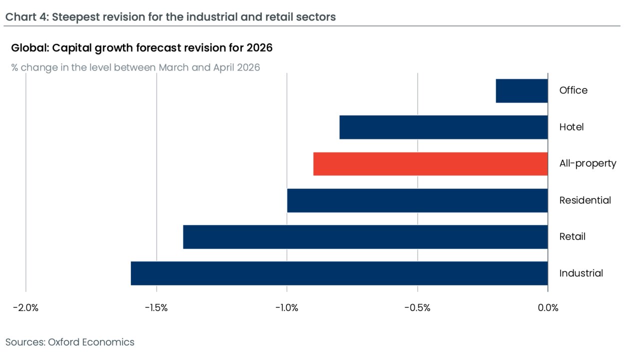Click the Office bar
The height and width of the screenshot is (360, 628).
(522, 90)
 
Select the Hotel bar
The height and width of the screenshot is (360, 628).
(444, 127)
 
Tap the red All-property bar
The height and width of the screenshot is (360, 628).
(431, 163)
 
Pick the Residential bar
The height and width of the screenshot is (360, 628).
(418, 200)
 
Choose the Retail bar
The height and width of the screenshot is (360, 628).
(365, 236)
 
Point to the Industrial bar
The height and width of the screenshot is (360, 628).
(339, 273)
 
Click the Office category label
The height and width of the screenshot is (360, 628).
(573, 90)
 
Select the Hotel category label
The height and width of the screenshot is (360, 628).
(571, 127)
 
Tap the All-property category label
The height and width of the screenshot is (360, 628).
(588, 163)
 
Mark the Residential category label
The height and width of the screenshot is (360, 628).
(585, 200)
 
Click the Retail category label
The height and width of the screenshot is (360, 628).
(572, 236)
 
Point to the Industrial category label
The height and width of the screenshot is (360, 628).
(581, 273)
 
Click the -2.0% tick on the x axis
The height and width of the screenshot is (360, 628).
(25, 307)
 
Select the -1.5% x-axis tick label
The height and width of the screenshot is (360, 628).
(156, 307)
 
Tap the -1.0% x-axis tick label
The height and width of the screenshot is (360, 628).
(287, 307)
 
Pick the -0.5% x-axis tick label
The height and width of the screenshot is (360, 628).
(418, 307)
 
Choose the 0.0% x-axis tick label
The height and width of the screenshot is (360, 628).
(548, 307)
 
